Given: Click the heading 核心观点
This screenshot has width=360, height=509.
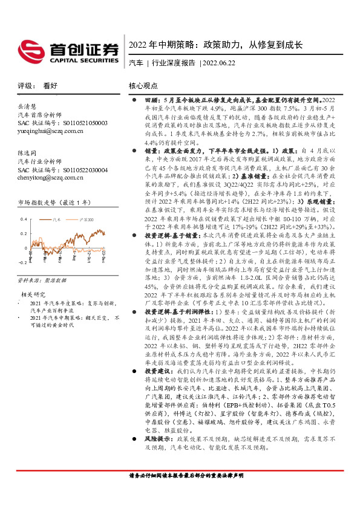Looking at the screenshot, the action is (x=143, y=86).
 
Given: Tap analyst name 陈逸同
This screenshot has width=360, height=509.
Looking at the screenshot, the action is (x=28, y=154).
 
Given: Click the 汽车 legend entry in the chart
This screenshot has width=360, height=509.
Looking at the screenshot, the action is (x=56, y=221).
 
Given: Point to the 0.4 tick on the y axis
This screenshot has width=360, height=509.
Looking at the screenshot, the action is (x=24, y=218).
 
